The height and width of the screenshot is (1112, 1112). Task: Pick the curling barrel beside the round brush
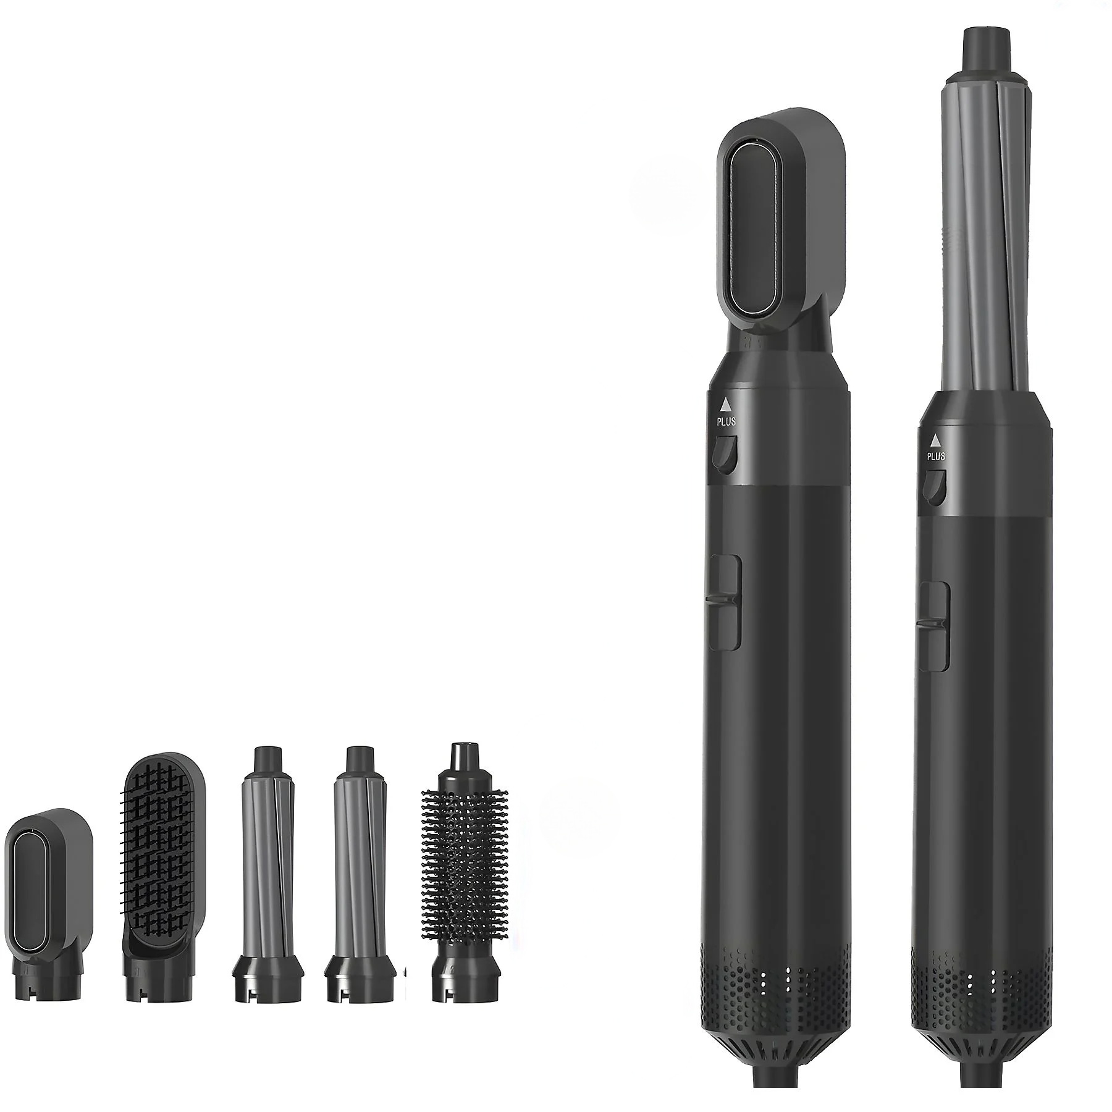point(363,865)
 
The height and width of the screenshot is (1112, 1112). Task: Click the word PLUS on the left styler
point(727,422)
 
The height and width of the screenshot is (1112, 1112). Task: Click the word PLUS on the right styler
point(936,457)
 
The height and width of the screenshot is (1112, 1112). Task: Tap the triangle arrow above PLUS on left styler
point(726,405)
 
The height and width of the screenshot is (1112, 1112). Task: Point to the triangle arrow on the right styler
point(935,440)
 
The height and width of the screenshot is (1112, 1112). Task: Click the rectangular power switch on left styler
point(725,602)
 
